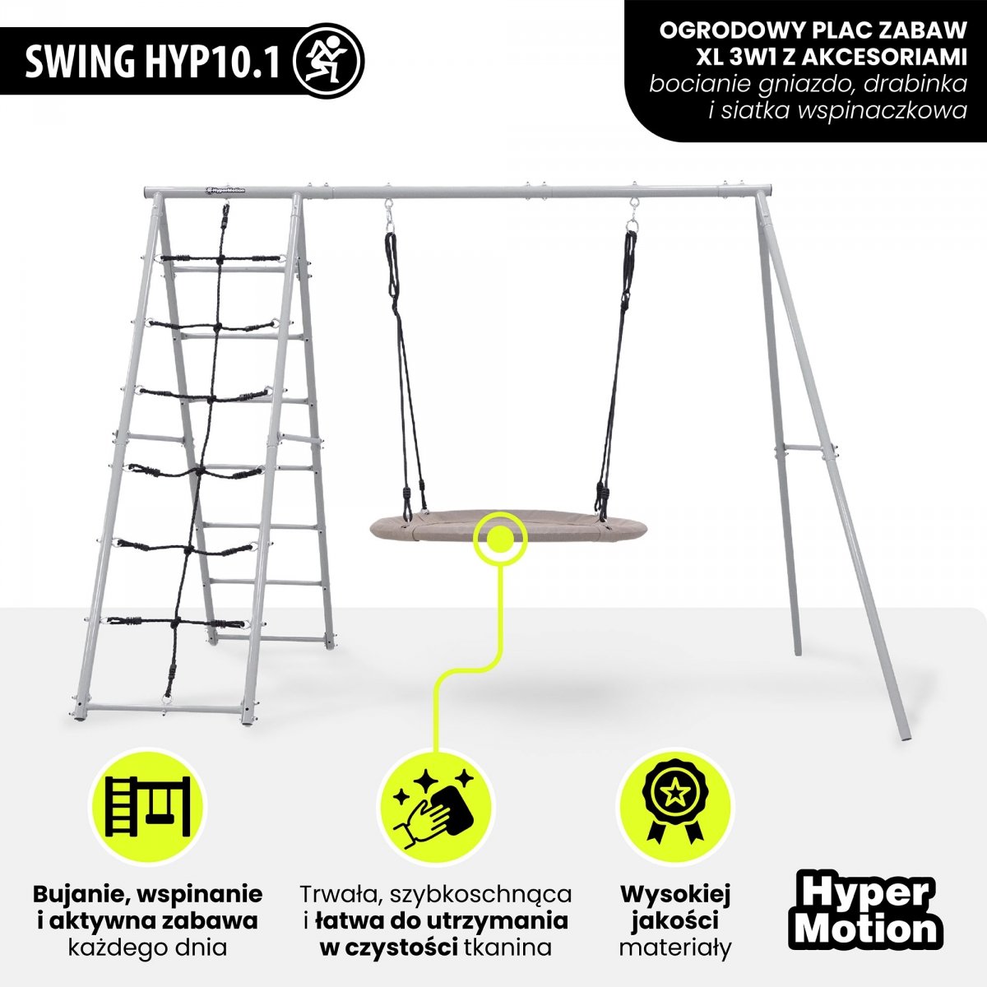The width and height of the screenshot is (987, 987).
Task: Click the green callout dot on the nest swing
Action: click(x=498, y=540)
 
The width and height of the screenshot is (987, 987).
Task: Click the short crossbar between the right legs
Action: click(x=800, y=448)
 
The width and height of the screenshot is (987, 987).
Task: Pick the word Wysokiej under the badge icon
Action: click(x=675, y=894)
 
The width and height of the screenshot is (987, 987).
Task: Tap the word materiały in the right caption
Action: click(x=675, y=948)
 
